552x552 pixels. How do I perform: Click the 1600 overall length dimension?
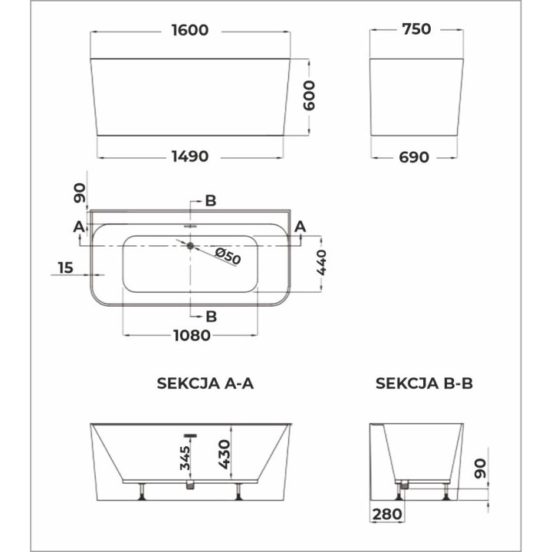tap(190, 31)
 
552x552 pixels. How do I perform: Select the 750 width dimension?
tap(416, 30)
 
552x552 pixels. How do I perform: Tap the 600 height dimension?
tap(309, 97)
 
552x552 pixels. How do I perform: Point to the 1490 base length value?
tap(190, 156)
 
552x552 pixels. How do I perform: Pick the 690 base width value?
tap(416, 156)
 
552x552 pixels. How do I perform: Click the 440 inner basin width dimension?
tap(322, 263)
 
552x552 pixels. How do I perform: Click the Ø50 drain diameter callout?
tap(227, 256)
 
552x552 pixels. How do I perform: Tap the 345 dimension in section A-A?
tap(184, 458)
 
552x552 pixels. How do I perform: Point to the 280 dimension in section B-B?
tap(386, 514)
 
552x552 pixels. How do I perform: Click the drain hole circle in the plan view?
tap(190, 245)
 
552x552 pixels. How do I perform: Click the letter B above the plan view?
tap(211, 201)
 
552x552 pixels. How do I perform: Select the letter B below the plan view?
tap(211, 315)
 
